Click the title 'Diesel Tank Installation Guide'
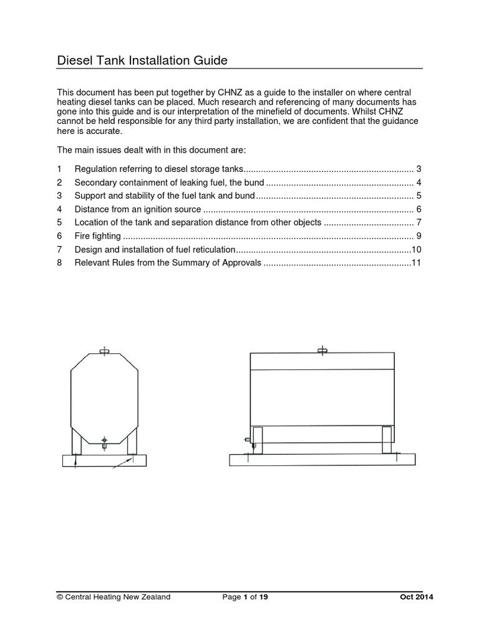coord(142,60)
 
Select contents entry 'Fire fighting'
coord(97,236)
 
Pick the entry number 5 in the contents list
coord(59,222)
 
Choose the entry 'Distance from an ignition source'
coord(138,209)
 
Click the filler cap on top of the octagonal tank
coord(105,352)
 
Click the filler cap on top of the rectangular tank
coord(322,351)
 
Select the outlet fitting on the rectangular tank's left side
coord(248,440)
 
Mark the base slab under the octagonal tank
coord(105,460)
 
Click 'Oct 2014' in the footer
coord(417,598)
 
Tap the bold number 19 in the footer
coord(264,598)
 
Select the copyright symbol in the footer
coord(60,598)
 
